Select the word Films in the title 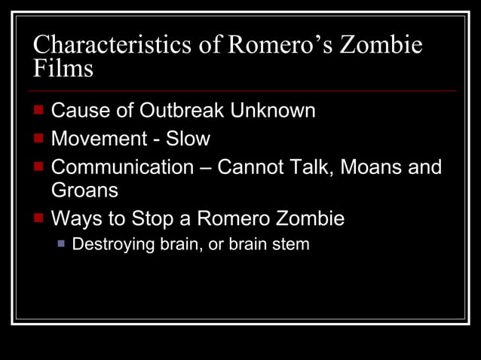click(x=63, y=69)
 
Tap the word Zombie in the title click(x=381, y=45)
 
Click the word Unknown click(x=273, y=111)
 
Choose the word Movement click(x=96, y=139)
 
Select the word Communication click(x=122, y=167)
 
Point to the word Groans click(x=84, y=191)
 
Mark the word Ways click(x=74, y=219)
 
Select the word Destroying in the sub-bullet click(x=109, y=245)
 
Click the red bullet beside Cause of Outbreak click(x=39, y=110)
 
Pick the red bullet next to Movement click(x=39, y=139)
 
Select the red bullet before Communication click(x=39, y=166)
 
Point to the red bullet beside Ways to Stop click(x=39, y=218)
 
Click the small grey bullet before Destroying click(x=63, y=244)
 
